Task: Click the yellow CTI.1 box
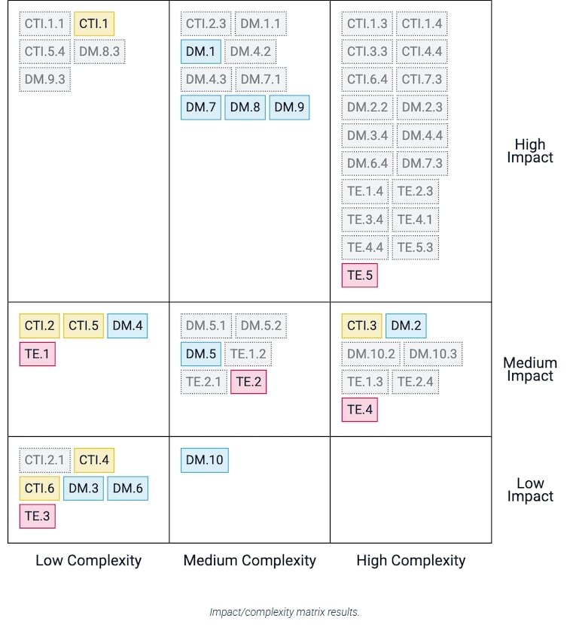click(94, 23)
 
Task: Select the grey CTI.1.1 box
click(44, 23)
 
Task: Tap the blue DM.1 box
click(201, 51)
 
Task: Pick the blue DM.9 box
click(289, 107)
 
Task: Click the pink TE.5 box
click(359, 275)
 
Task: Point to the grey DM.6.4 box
click(367, 163)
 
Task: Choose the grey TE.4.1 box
click(415, 220)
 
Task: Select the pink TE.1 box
click(37, 353)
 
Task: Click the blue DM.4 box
click(127, 326)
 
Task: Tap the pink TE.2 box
click(248, 382)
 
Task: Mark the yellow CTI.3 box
click(361, 326)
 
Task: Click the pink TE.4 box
click(359, 410)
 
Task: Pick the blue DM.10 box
click(204, 460)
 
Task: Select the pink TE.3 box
click(37, 516)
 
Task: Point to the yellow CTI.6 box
click(39, 488)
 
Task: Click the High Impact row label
click(530, 150)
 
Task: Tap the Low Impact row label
click(530, 489)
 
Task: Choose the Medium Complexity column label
click(249, 560)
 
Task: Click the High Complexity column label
click(410, 560)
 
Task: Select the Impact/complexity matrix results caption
click(285, 612)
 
